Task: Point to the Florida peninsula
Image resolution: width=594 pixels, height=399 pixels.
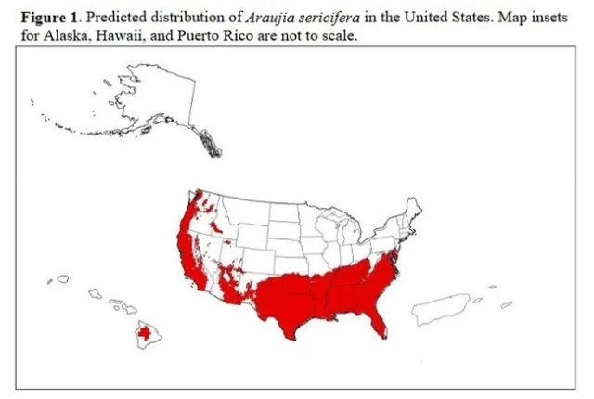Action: [x=376, y=320]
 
